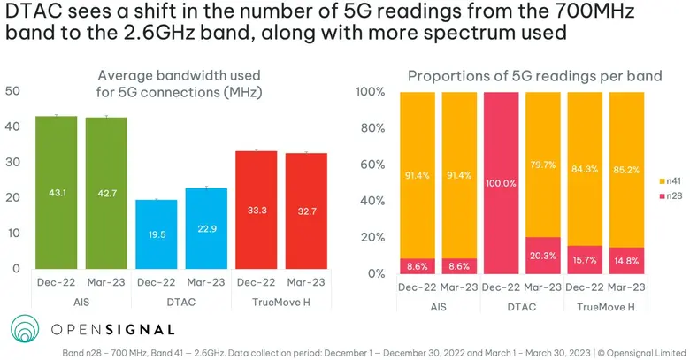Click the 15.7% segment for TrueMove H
pyautogui.click(x=584, y=259)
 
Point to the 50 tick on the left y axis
pyautogui.click(x=12, y=91)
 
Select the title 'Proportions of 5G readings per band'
pyautogui.click(x=533, y=77)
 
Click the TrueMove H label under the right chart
pyautogui.click(x=605, y=307)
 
